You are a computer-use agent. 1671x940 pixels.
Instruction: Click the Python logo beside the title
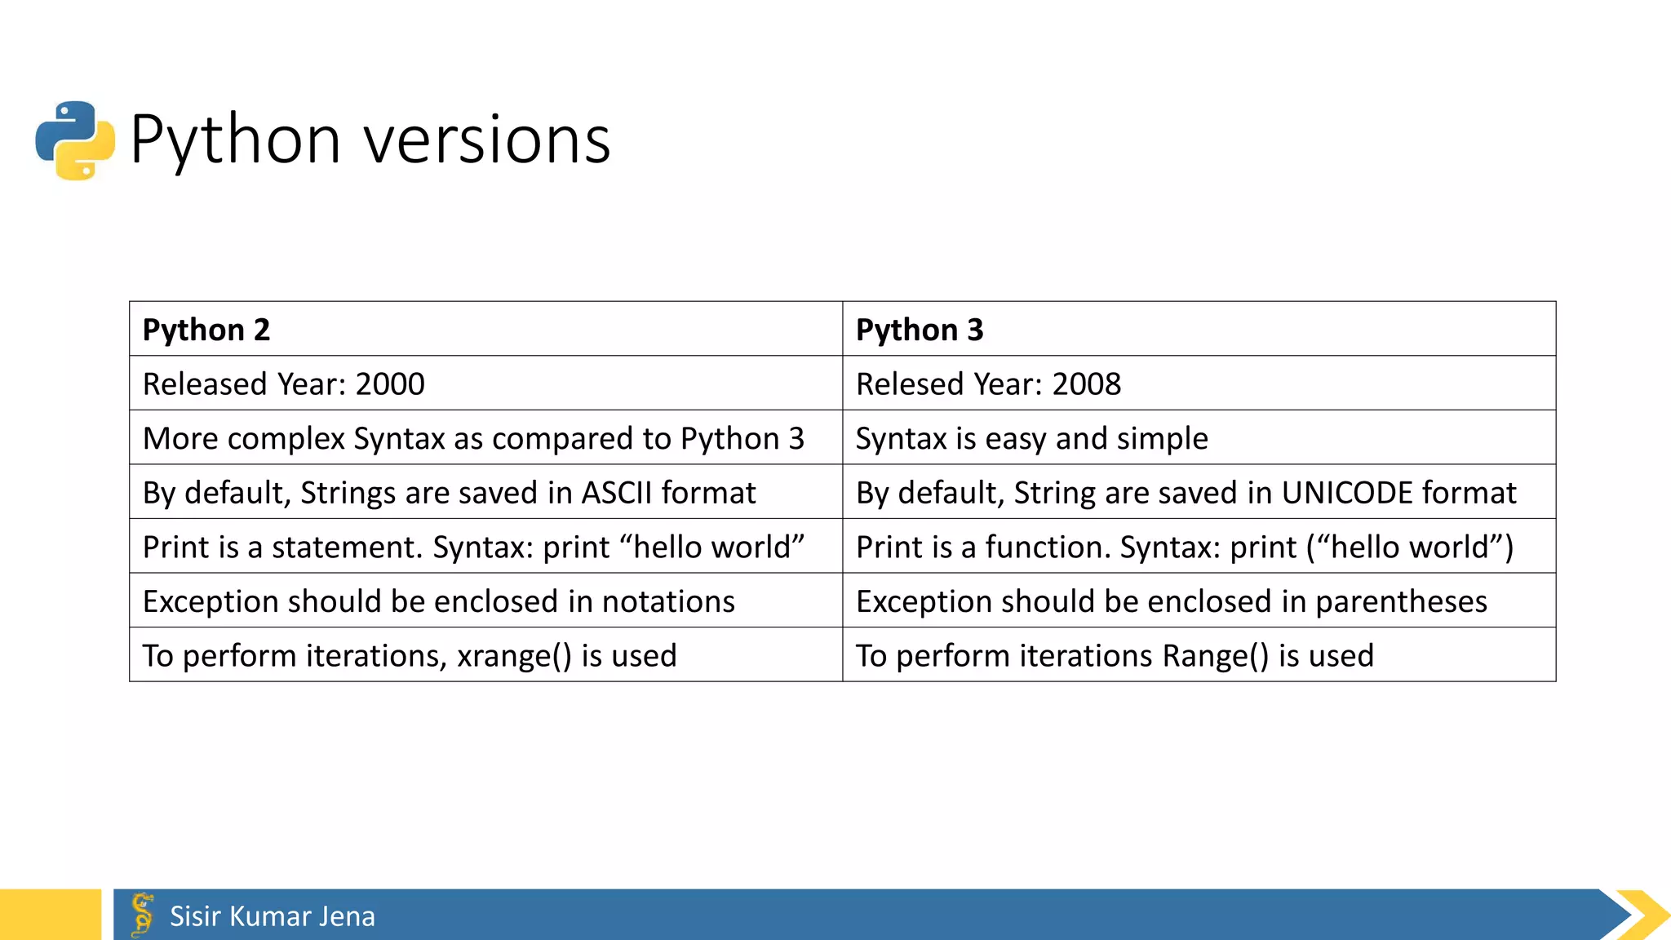click(x=75, y=140)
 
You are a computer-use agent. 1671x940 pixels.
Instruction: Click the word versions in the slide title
click(x=487, y=140)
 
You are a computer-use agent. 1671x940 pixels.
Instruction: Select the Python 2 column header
click(x=206, y=330)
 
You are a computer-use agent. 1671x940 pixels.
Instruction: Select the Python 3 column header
click(x=920, y=330)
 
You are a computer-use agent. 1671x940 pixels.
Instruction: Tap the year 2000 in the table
click(x=390, y=384)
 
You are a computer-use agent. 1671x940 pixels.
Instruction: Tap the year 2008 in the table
click(x=1087, y=384)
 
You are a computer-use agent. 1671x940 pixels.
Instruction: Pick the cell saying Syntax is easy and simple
click(x=1031, y=439)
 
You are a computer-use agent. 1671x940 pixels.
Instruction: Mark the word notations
click(x=668, y=602)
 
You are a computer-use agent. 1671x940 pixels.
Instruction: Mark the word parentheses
click(x=1401, y=602)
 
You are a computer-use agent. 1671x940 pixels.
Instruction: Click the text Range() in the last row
click(x=1216, y=656)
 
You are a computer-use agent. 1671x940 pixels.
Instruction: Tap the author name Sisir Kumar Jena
click(x=273, y=916)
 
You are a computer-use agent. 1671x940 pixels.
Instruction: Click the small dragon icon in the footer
click(x=143, y=914)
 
